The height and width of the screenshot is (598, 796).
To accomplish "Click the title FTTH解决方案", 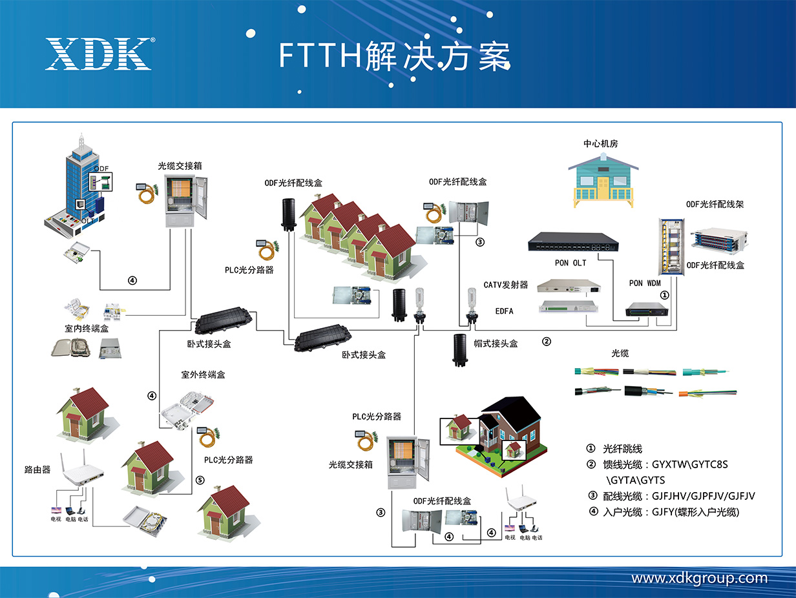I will coord(394,56).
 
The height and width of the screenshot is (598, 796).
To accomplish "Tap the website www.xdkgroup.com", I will coord(699,578).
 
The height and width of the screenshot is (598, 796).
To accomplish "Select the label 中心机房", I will coord(601,143).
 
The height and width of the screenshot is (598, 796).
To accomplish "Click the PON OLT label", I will coord(571,263).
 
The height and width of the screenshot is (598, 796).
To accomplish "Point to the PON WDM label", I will coord(645,283).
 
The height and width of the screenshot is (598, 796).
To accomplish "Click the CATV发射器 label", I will coord(506,285).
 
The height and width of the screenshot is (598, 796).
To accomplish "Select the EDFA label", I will coord(504,311).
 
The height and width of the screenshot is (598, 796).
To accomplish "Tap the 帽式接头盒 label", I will coord(496,344).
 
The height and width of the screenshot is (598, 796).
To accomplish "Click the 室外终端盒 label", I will coord(204,375).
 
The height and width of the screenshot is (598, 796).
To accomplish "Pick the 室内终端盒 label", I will coord(87,329).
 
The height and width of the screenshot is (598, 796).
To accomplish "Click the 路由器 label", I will coord(37,470).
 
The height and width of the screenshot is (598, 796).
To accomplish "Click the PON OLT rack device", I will coord(572,241).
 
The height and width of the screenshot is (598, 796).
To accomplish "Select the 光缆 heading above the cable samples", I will coord(620,353).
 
